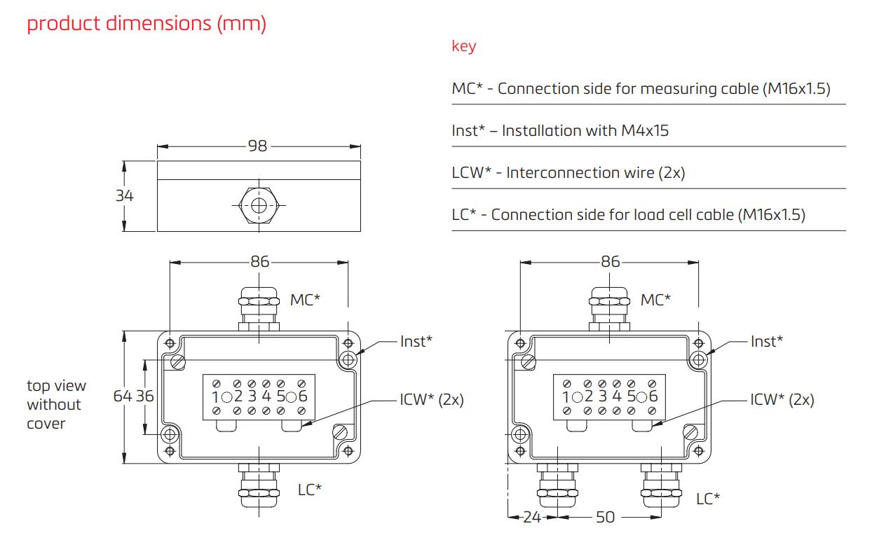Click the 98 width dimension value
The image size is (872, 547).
(258, 146)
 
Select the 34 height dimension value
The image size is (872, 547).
(124, 196)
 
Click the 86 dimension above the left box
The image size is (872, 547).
(260, 262)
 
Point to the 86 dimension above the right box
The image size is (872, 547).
(610, 262)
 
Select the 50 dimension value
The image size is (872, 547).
(605, 518)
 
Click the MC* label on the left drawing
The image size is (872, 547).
(306, 300)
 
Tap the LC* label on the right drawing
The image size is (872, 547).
(708, 499)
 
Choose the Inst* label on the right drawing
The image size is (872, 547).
(766, 341)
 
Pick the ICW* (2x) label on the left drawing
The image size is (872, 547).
(432, 400)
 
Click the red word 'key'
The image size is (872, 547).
(463, 47)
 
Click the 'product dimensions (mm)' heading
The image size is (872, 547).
(147, 24)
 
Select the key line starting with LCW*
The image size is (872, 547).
(568, 173)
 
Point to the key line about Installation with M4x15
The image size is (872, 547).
(560, 131)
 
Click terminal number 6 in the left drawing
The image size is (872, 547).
(302, 396)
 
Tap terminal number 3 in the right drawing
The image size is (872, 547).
(604, 396)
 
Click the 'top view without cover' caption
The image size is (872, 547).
(56, 405)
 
